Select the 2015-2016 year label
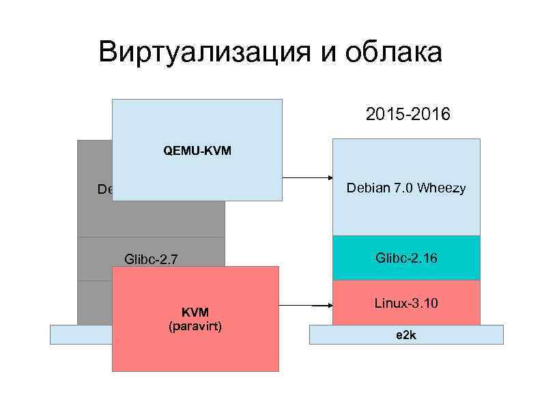coord(408,114)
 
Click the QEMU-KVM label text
coord(197,150)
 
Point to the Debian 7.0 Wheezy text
coord(406,188)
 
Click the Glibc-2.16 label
coord(406,257)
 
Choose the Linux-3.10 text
coord(406,301)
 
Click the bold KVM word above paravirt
coord(195,312)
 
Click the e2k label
coord(406,336)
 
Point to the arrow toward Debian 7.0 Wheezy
coord(307,178)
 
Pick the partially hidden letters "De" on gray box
coord(105,189)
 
